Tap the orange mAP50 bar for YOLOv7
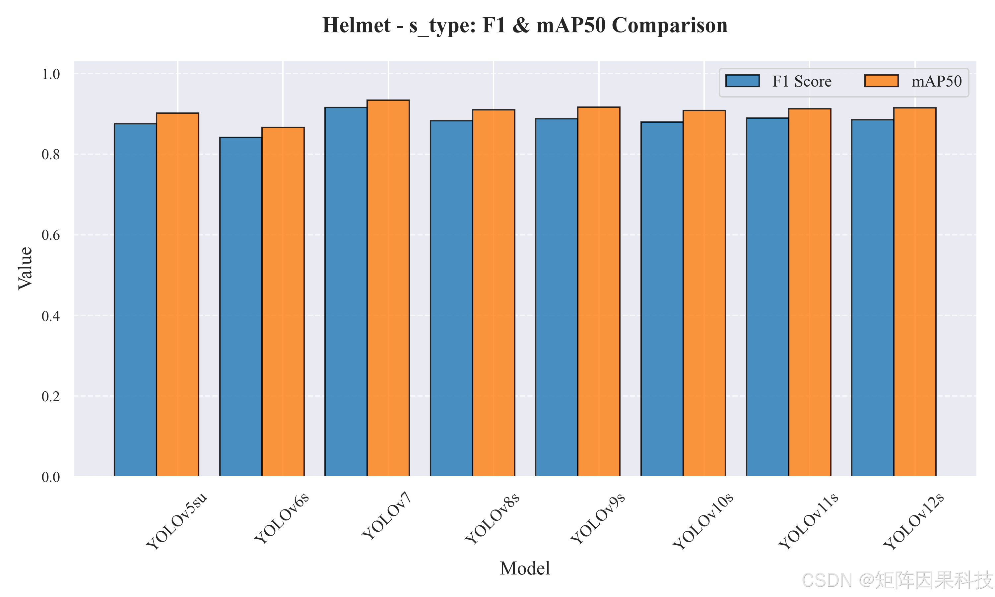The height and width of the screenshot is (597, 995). click(x=388, y=288)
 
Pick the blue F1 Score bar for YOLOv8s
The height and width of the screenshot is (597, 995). click(x=451, y=298)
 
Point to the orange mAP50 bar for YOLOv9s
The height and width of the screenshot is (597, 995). click(x=599, y=292)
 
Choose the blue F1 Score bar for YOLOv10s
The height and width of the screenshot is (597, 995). click(x=662, y=299)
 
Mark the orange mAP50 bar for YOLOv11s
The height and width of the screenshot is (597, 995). click(x=810, y=293)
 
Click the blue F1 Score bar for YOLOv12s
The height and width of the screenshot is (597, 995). click(x=873, y=298)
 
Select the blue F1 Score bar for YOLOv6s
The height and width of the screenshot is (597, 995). click(x=240, y=306)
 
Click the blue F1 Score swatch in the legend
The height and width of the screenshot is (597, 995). click(x=742, y=81)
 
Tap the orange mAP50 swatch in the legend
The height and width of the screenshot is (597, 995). click(x=882, y=81)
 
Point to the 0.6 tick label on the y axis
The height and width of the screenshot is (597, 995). click(x=51, y=235)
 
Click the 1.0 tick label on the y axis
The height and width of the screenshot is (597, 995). click(x=51, y=74)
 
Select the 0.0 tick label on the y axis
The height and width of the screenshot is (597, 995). click(x=51, y=477)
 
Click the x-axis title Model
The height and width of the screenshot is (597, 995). click(x=525, y=568)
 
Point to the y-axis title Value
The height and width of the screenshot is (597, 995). click(x=25, y=268)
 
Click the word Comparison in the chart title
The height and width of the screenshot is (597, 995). click(x=670, y=25)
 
